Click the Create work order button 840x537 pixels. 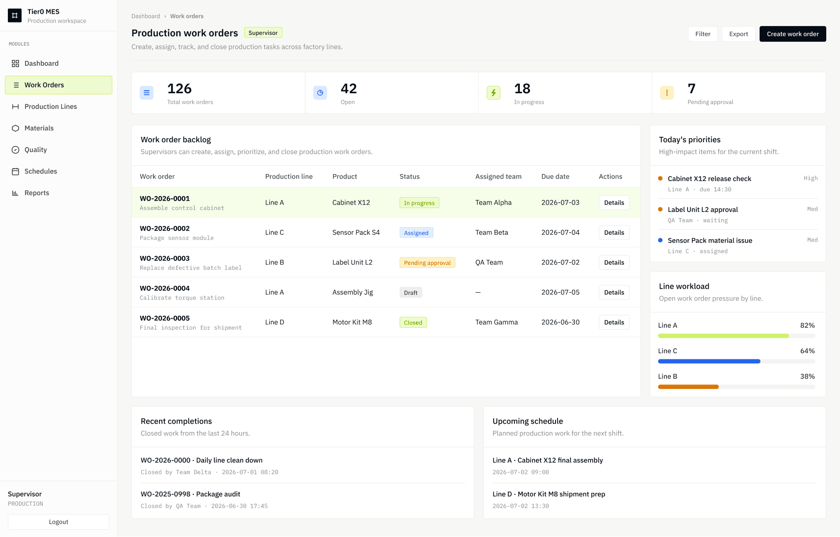click(x=792, y=34)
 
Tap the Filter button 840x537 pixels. click(x=702, y=34)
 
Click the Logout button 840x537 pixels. click(x=58, y=522)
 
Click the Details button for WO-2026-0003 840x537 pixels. click(x=614, y=262)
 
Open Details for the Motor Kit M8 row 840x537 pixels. click(x=614, y=322)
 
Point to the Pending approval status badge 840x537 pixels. click(x=427, y=262)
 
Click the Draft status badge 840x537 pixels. click(x=410, y=292)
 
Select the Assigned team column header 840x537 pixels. click(x=498, y=176)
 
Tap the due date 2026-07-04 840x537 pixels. click(x=560, y=232)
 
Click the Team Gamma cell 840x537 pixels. click(x=497, y=322)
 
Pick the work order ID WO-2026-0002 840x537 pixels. click(x=165, y=229)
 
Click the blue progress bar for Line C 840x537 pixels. click(x=709, y=361)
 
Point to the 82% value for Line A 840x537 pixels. click(x=807, y=325)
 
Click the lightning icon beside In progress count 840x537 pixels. click(x=493, y=93)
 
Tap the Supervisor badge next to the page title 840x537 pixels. click(x=263, y=33)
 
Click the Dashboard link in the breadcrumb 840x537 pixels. click(x=146, y=16)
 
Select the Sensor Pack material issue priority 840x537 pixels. click(x=710, y=240)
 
